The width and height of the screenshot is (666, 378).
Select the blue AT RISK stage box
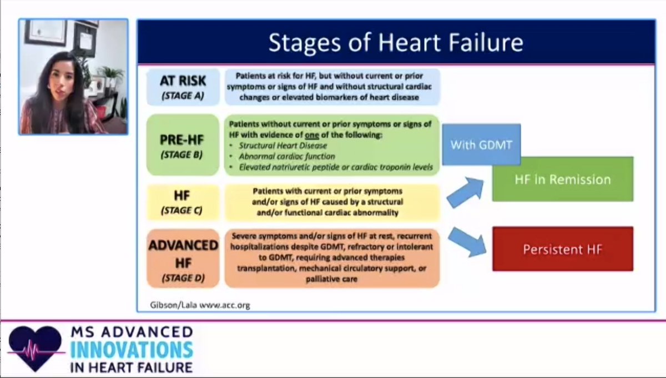[x=183, y=87]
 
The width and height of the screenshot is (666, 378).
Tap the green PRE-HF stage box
[x=183, y=144]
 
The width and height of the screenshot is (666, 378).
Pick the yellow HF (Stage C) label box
[x=183, y=202]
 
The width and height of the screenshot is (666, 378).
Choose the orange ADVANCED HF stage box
[x=183, y=258]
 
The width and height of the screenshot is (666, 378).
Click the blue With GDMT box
[x=481, y=145]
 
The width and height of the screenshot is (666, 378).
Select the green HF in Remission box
[x=562, y=179]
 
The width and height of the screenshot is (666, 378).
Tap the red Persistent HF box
[x=562, y=249]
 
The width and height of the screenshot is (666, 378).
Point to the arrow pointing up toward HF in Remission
[x=465, y=191]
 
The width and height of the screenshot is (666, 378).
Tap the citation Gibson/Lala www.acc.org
[x=200, y=305]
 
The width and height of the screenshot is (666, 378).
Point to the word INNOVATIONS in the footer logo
[x=131, y=349]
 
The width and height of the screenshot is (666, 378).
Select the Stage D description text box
[x=332, y=258]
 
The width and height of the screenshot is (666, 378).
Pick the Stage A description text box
[x=332, y=87]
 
